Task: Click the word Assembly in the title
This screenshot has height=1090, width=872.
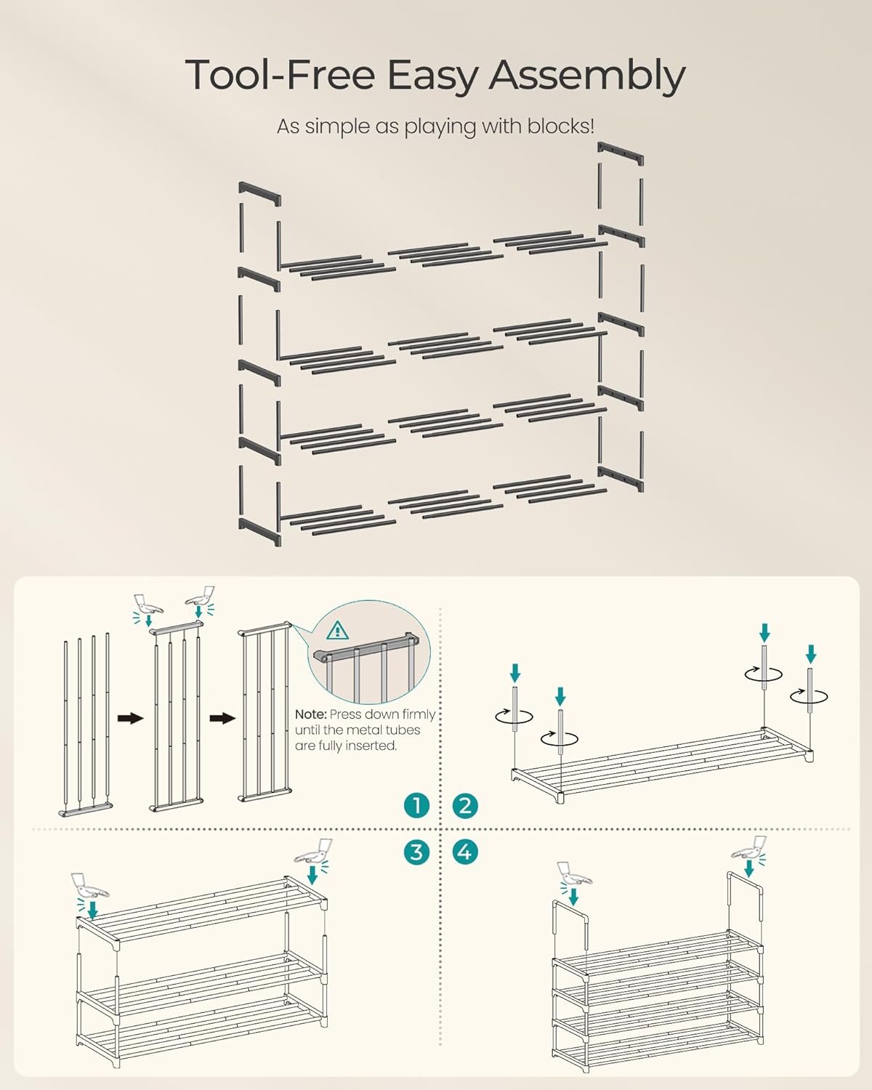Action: [586, 76]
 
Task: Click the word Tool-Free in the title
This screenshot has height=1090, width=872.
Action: [280, 74]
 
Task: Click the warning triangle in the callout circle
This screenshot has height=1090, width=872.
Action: [337, 630]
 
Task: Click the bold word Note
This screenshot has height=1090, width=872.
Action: [310, 715]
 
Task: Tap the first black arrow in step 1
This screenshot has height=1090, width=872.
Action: [131, 718]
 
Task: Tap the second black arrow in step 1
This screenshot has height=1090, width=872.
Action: [222, 718]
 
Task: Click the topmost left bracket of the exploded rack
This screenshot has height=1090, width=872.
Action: [259, 193]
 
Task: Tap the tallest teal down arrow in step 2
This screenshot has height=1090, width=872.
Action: [765, 633]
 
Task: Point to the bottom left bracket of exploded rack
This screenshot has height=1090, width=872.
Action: [259, 531]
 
